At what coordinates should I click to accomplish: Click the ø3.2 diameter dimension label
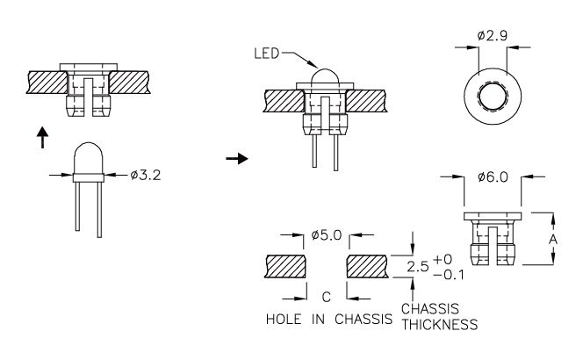146,175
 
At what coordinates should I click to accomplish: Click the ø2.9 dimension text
493,36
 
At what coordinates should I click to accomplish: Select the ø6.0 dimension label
493,177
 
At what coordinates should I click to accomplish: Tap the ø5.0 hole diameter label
327,235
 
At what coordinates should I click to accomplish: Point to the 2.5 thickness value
418,266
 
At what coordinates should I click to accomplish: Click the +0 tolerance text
443,259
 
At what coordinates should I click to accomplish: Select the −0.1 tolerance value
449,275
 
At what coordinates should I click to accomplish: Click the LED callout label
266,54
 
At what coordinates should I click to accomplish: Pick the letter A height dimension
553,239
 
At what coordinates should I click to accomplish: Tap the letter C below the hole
326,297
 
